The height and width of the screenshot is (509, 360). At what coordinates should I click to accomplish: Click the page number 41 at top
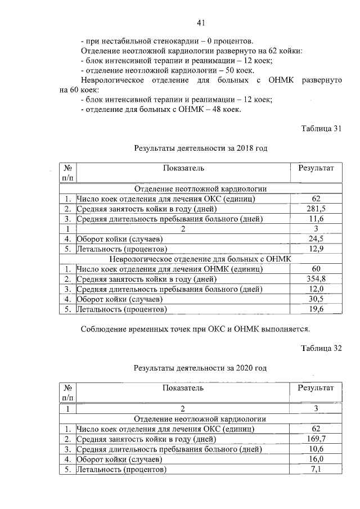click(201, 22)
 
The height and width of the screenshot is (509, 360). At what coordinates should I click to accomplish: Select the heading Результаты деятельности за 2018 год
click(200, 148)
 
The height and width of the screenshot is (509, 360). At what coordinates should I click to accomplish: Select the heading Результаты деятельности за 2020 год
click(200, 368)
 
